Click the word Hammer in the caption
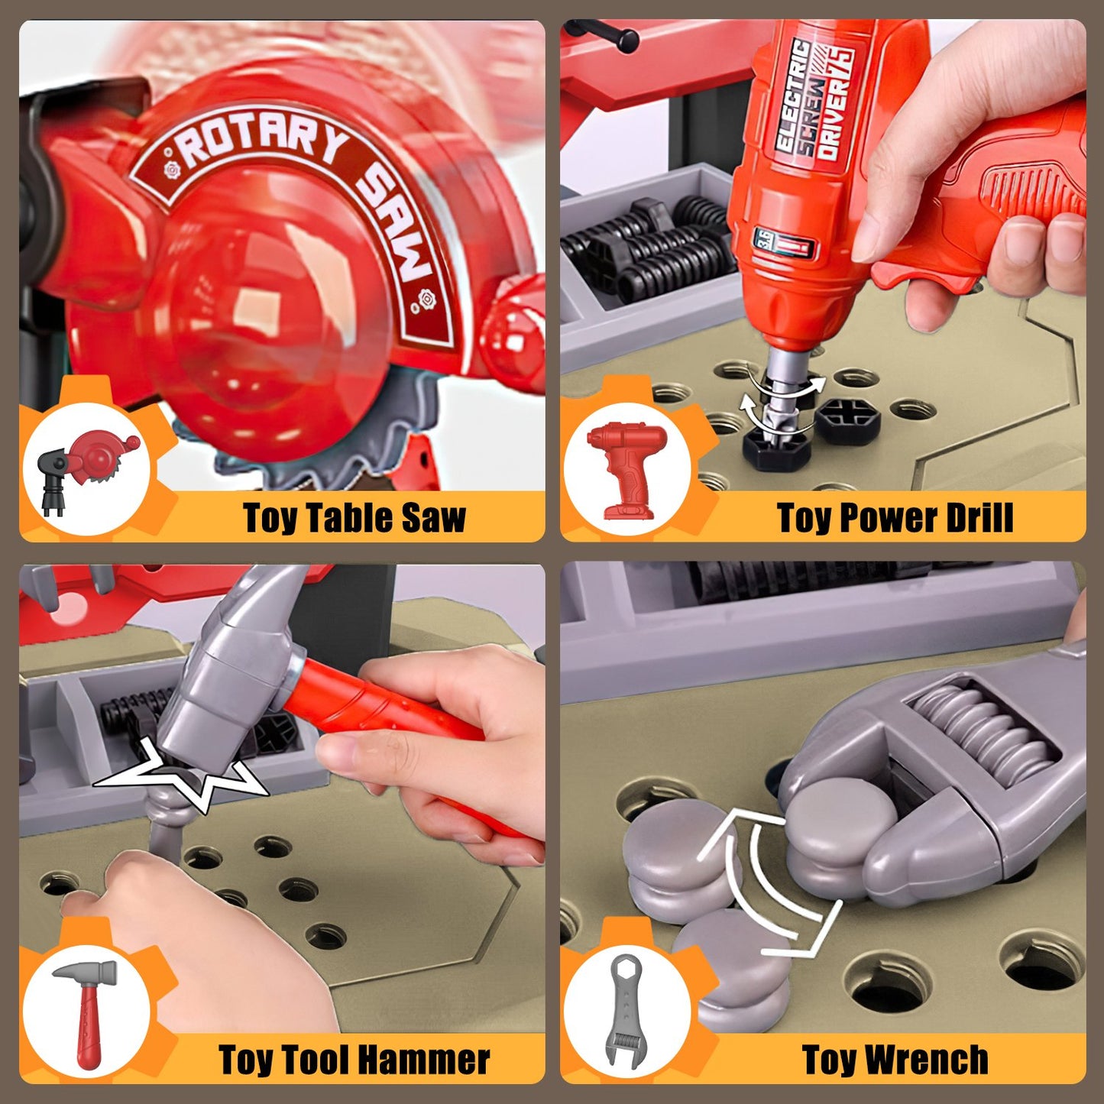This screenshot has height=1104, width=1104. pos(427,1060)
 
